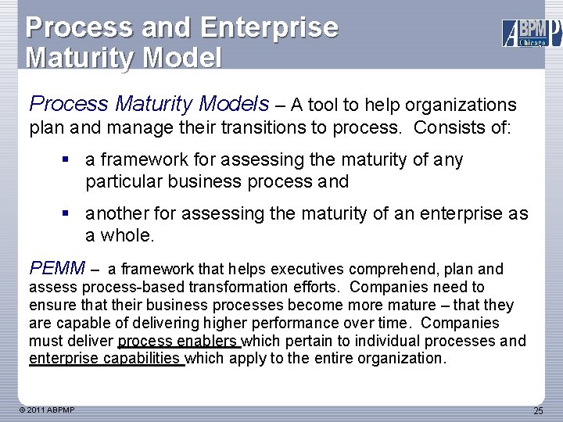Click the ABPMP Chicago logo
point(531,32)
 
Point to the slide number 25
point(538,411)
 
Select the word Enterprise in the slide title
point(269,27)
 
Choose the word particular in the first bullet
point(121,181)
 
